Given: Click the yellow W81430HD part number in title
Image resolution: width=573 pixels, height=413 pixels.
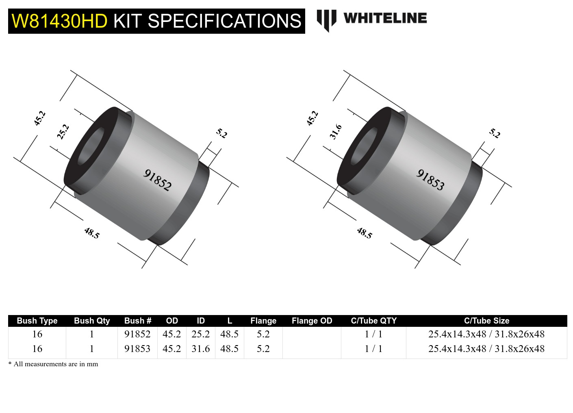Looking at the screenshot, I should pyautogui.click(x=59, y=21).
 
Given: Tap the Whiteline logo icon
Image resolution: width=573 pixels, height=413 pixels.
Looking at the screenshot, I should pyautogui.click(x=326, y=20).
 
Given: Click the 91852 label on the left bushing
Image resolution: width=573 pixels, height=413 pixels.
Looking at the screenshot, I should pyautogui.click(x=158, y=180).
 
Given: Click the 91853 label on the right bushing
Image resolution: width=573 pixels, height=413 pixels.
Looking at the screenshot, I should pyautogui.click(x=431, y=180).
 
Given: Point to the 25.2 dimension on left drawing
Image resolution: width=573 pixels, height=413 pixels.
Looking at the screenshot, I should pyautogui.click(x=63, y=132).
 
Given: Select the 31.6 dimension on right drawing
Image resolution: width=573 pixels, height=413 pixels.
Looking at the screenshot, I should pyautogui.click(x=336, y=132).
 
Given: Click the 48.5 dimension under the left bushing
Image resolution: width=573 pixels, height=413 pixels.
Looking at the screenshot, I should pyautogui.click(x=92, y=233).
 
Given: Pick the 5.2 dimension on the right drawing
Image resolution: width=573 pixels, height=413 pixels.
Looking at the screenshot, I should pyautogui.click(x=495, y=133).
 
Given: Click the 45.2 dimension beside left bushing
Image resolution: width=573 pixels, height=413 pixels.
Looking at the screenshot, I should pyautogui.click(x=39, y=118).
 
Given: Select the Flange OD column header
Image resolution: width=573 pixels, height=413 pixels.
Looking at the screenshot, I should pyautogui.click(x=312, y=321).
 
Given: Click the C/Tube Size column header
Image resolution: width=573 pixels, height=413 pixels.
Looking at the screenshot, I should pyautogui.click(x=486, y=321).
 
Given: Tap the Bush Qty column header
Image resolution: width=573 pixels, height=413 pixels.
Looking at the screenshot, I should pyautogui.click(x=92, y=321).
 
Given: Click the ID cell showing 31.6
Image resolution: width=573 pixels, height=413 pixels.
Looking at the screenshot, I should pyautogui.click(x=201, y=349).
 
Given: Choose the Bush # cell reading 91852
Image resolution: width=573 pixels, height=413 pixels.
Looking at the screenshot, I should pyautogui.click(x=137, y=334).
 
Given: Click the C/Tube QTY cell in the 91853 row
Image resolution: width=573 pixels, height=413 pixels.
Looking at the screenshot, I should pyautogui.click(x=373, y=349).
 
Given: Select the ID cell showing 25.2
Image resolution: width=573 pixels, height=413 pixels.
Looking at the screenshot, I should pyautogui.click(x=201, y=334).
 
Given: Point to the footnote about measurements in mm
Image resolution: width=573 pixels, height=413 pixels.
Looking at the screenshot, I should pyautogui.click(x=53, y=364).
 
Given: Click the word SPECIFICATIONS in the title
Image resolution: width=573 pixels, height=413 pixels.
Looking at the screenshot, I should pyautogui.click(x=224, y=21).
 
